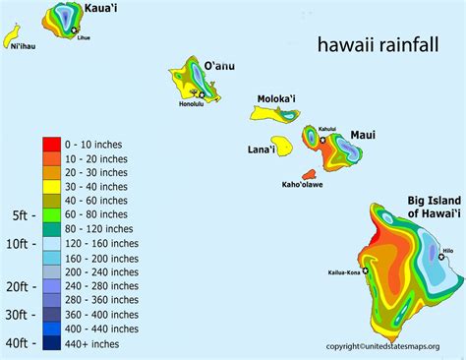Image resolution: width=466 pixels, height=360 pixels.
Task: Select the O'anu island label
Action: [x=220, y=66]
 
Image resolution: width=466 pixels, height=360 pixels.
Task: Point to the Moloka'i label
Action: [x=279, y=99]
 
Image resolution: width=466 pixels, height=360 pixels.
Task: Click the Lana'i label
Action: [x=261, y=150]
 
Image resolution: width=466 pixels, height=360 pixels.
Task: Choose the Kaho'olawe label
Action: [x=304, y=184]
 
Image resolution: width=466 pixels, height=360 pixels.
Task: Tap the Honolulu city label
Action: [x=196, y=103]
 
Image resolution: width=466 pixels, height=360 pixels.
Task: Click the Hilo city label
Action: [x=447, y=251]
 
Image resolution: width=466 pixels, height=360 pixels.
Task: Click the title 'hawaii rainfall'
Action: [x=372, y=44]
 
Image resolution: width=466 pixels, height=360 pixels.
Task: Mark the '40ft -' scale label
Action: [x=21, y=343]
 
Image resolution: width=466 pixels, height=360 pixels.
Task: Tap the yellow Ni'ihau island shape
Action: [x=13, y=38]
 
